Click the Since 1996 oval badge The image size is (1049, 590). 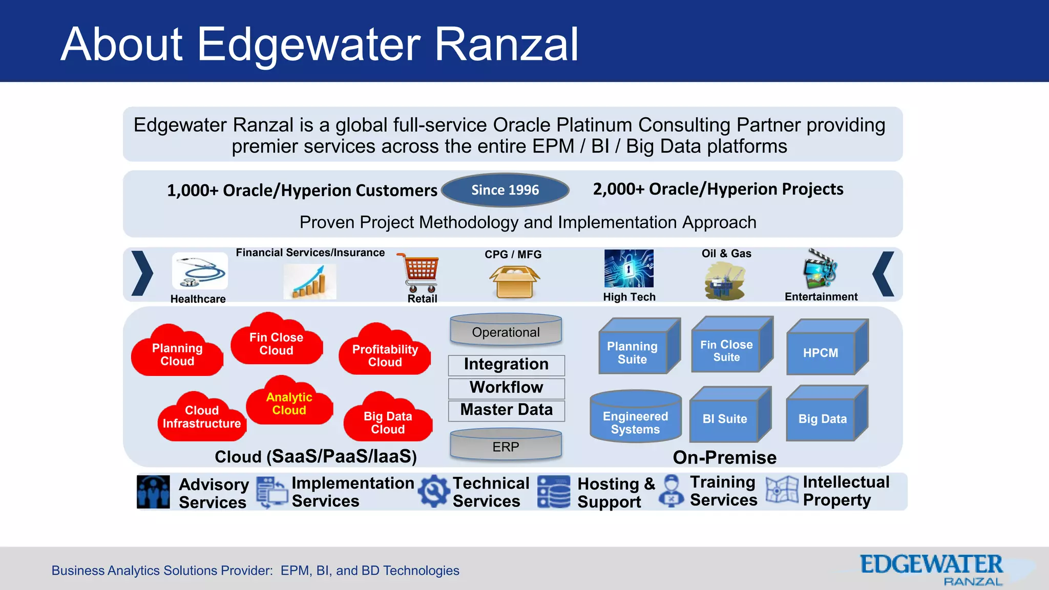tap(505, 190)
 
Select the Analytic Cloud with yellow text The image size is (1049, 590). tap(289, 404)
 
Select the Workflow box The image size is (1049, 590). tap(506, 388)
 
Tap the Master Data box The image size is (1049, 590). tap(506, 410)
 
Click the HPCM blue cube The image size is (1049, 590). tap(821, 352)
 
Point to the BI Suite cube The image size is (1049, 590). tap(725, 418)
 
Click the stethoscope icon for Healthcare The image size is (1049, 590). tap(200, 271)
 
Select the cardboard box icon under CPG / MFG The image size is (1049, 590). tap(514, 282)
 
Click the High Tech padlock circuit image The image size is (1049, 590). tap(628, 268)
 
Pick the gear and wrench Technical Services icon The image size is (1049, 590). tap(433, 491)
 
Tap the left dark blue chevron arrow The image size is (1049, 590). tap(142, 273)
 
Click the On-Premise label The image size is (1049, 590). tap(724, 457)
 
